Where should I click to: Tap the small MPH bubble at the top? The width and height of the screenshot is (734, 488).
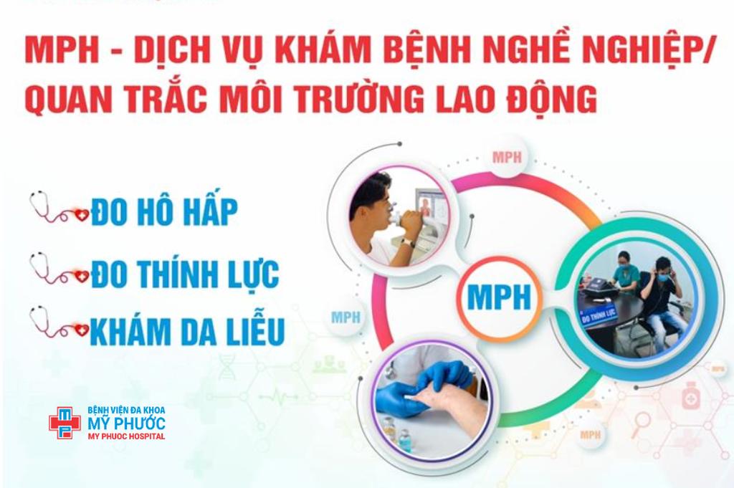pos(507,157)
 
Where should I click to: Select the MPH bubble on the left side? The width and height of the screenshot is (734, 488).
pos(345,317)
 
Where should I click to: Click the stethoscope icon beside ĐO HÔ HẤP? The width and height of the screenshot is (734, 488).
pos(58,208)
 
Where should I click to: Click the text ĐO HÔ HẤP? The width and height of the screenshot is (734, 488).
pos(165,212)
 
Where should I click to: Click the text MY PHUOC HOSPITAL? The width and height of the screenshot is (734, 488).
pos(125,436)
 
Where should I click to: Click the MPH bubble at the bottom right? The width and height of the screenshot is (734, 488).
pos(591,435)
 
